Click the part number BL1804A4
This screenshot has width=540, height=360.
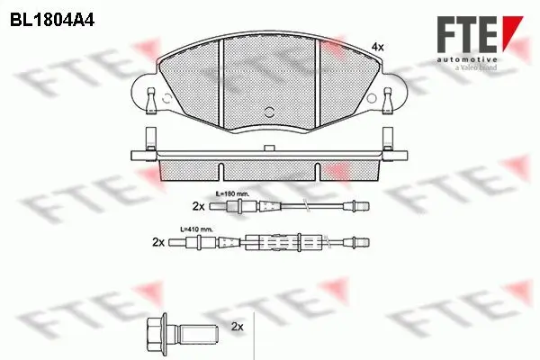pyautogui.click(x=55, y=17)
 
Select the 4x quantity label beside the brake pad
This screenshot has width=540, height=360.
pyautogui.click(x=378, y=46)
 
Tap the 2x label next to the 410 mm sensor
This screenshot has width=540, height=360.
pyautogui.click(x=158, y=242)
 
